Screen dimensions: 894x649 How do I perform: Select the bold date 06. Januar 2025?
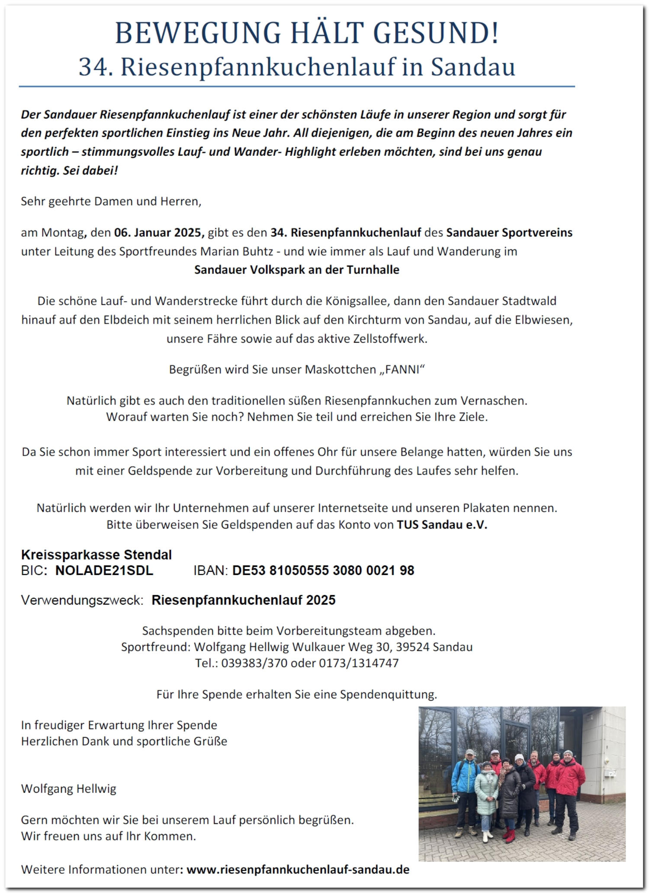coord(158,233)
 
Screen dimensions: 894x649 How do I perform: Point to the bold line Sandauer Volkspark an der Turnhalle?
coord(297,270)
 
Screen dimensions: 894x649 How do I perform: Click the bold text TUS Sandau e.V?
coord(442,525)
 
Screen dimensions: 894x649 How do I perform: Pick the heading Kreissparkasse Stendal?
coord(96,555)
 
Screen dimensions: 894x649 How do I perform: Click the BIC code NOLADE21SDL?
coord(104,570)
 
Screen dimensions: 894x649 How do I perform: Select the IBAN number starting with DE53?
coord(323,570)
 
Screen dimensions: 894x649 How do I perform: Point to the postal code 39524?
coord(413,647)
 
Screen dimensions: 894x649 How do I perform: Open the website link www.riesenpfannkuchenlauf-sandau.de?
coord(298,870)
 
